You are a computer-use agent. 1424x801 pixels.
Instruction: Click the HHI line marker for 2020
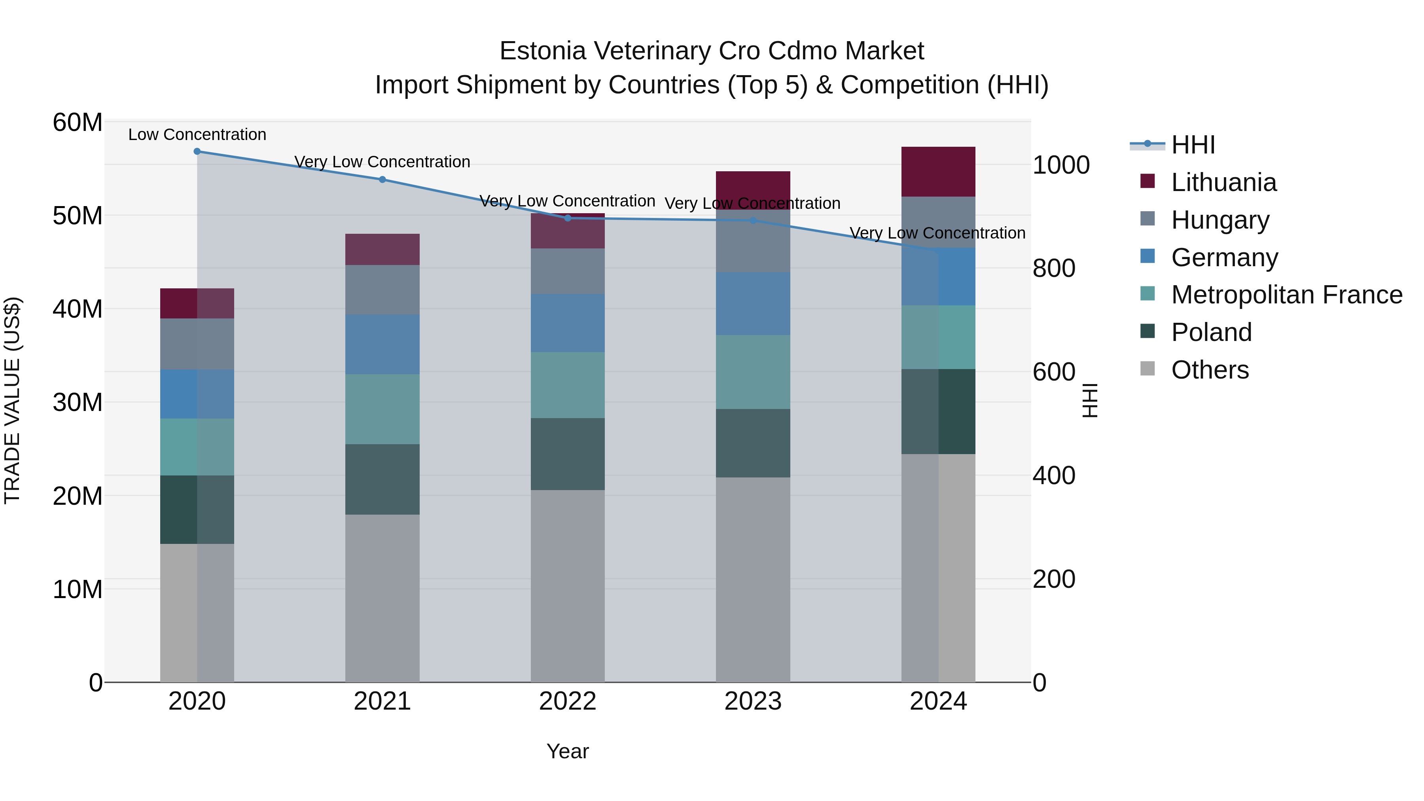[x=197, y=151]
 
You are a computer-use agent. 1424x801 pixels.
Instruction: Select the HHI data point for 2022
[x=567, y=218]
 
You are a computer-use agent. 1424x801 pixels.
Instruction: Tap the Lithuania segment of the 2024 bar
[x=938, y=172]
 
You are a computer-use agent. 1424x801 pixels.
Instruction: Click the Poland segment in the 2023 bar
[x=752, y=443]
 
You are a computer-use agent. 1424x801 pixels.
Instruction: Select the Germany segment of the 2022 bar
[x=567, y=324]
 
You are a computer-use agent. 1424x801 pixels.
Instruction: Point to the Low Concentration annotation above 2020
[x=197, y=135]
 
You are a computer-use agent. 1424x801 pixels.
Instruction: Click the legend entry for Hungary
[x=1220, y=220]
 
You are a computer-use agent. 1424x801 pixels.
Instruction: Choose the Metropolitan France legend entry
[x=1286, y=295]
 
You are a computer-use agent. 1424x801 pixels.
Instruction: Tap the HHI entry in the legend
[x=1193, y=145]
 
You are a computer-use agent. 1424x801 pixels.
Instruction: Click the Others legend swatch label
[x=1210, y=370]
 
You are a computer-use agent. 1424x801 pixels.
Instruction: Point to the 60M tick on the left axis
[x=78, y=122]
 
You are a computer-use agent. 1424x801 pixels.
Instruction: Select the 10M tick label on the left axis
[x=78, y=589]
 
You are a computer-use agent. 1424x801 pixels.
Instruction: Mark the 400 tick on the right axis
[x=1054, y=475]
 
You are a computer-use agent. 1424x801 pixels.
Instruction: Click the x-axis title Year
[x=567, y=751]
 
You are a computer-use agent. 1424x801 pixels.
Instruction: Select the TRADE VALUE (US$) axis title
[x=12, y=400]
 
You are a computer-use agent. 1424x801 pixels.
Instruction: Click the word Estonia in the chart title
[x=542, y=51]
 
